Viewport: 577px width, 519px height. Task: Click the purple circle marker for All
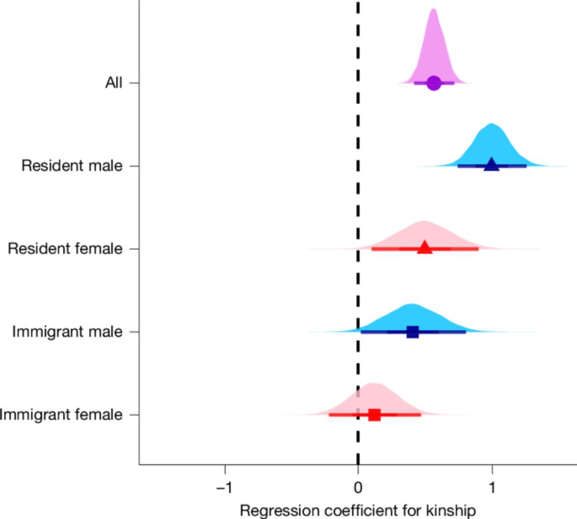[x=434, y=83]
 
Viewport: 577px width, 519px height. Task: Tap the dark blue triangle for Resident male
[x=491, y=165]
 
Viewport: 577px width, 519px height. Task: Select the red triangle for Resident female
[x=425, y=248]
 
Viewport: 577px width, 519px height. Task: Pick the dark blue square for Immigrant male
[x=413, y=332]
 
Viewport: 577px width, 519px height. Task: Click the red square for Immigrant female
[x=374, y=415]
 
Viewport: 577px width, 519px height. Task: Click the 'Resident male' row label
[x=72, y=166]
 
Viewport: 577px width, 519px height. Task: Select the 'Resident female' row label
[x=65, y=249]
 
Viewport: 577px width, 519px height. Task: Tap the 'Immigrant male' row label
[x=67, y=332]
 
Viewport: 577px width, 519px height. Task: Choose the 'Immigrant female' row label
[x=61, y=415]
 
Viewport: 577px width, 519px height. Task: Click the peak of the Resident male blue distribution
[x=491, y=124]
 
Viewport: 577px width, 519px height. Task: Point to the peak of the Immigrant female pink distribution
[x=372, y=383]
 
